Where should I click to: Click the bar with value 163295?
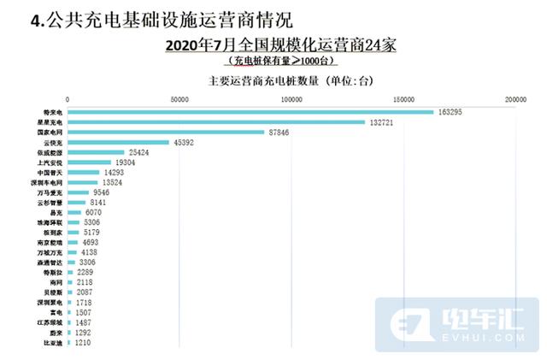[x=250, y=112]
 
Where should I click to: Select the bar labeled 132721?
[x=216, y=122]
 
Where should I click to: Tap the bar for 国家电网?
[x=166, y=133]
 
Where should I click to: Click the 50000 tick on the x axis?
[x=179, y=100]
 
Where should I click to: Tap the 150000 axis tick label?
[x=403, y=100]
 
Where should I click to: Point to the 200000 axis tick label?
[x=515, y=100]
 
